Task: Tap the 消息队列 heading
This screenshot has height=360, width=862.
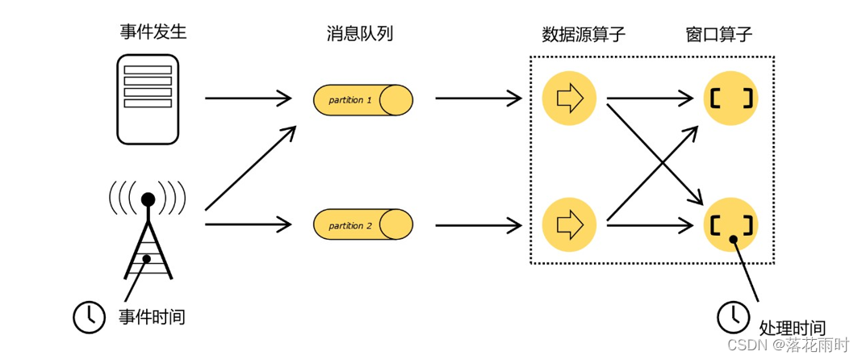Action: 360,34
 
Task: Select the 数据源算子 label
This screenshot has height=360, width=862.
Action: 584,35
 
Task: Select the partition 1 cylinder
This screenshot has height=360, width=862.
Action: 363,100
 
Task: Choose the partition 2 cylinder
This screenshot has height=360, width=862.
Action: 363,224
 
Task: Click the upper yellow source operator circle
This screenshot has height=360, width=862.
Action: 570,98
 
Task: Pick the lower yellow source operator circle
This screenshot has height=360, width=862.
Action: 570,222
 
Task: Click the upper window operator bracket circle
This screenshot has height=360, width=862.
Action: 731,98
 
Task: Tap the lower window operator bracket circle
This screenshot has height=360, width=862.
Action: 731,223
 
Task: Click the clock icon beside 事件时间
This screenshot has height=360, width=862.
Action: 89,316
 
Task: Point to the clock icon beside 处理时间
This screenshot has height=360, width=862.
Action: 733,316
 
